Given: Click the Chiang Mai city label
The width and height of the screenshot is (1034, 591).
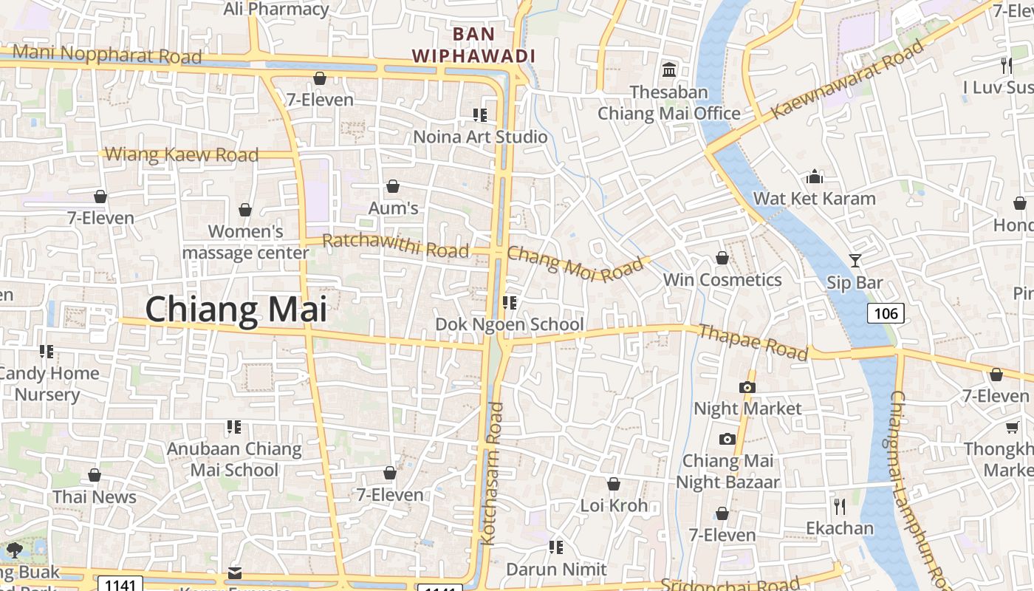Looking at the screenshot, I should tap(236, 309).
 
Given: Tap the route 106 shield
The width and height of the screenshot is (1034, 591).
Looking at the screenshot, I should tap(886, 313).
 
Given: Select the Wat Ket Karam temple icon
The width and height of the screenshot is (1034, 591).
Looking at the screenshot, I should tap(815, 177).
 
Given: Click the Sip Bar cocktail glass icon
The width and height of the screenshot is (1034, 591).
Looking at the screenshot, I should tap(855, 261).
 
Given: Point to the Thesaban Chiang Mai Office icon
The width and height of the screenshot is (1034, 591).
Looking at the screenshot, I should tap(669, 70).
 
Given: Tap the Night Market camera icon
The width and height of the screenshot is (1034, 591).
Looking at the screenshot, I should tap(747, 387).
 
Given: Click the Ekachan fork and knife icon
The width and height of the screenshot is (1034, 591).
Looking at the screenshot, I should tap(839, 506).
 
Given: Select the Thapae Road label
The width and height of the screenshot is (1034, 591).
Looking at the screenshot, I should tap(753, 342).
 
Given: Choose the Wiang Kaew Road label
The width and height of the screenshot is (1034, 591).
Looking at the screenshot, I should tap(182, 154).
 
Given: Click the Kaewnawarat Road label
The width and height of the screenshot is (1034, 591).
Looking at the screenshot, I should tap(847, 81).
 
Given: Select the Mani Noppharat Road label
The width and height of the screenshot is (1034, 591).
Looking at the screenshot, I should tap(107, 54).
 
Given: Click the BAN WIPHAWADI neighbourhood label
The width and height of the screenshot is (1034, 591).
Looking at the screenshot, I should tap(473, 44).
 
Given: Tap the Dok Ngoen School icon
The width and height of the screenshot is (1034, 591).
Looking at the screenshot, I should tap(509, 302).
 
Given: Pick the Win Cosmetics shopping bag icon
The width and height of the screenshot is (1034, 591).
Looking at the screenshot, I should tap(722, 258).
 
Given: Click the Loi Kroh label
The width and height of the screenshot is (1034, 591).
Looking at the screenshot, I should tap(614, 505).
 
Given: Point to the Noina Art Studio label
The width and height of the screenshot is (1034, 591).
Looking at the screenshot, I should tap(480, 137).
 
